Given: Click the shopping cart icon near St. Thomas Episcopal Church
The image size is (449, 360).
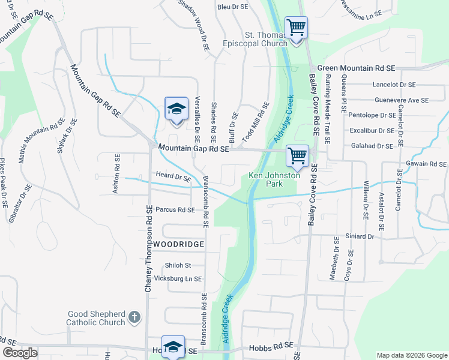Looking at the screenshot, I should [x=296, y=27].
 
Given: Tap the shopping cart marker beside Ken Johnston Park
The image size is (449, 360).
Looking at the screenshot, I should [x=297, y=155].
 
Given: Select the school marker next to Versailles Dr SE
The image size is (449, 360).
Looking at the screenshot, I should [x=176, y=109].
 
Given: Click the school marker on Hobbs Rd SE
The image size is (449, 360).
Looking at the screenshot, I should [x=173, y=347].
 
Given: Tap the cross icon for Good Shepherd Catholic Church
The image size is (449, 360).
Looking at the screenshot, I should [x=135, y=316].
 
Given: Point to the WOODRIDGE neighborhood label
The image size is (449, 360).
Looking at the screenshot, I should [x=178, y=244].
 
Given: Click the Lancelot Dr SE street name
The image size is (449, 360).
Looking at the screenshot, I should [x=394, y=85].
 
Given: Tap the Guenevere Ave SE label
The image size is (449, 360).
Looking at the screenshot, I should [x=402, y=100].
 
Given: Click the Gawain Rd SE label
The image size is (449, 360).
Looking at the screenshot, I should [x=426, y=164].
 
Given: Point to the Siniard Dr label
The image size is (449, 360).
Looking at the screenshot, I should [x=360, y=237].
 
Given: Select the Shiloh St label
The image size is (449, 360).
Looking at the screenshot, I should [x=178, y=265].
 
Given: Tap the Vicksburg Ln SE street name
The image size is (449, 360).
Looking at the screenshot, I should [x=178, y=279].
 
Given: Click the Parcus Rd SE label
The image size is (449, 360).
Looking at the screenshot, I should [x=175, y=210].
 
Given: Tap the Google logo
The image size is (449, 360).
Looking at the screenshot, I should [x=20, y=353].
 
